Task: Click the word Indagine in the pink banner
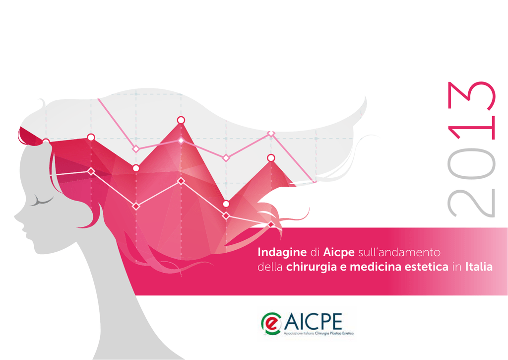coord(282,253)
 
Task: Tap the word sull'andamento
coord(399,252)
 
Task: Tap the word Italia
coord(479,267)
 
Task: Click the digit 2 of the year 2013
coord(471,203)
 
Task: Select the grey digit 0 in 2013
coord(471,164)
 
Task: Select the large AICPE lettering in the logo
coord(313,321)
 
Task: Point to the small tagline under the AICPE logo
coord(318,333)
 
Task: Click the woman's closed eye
coord(42,202)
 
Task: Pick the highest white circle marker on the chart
coord(181,120)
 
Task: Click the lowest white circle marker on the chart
coord(226,204)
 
